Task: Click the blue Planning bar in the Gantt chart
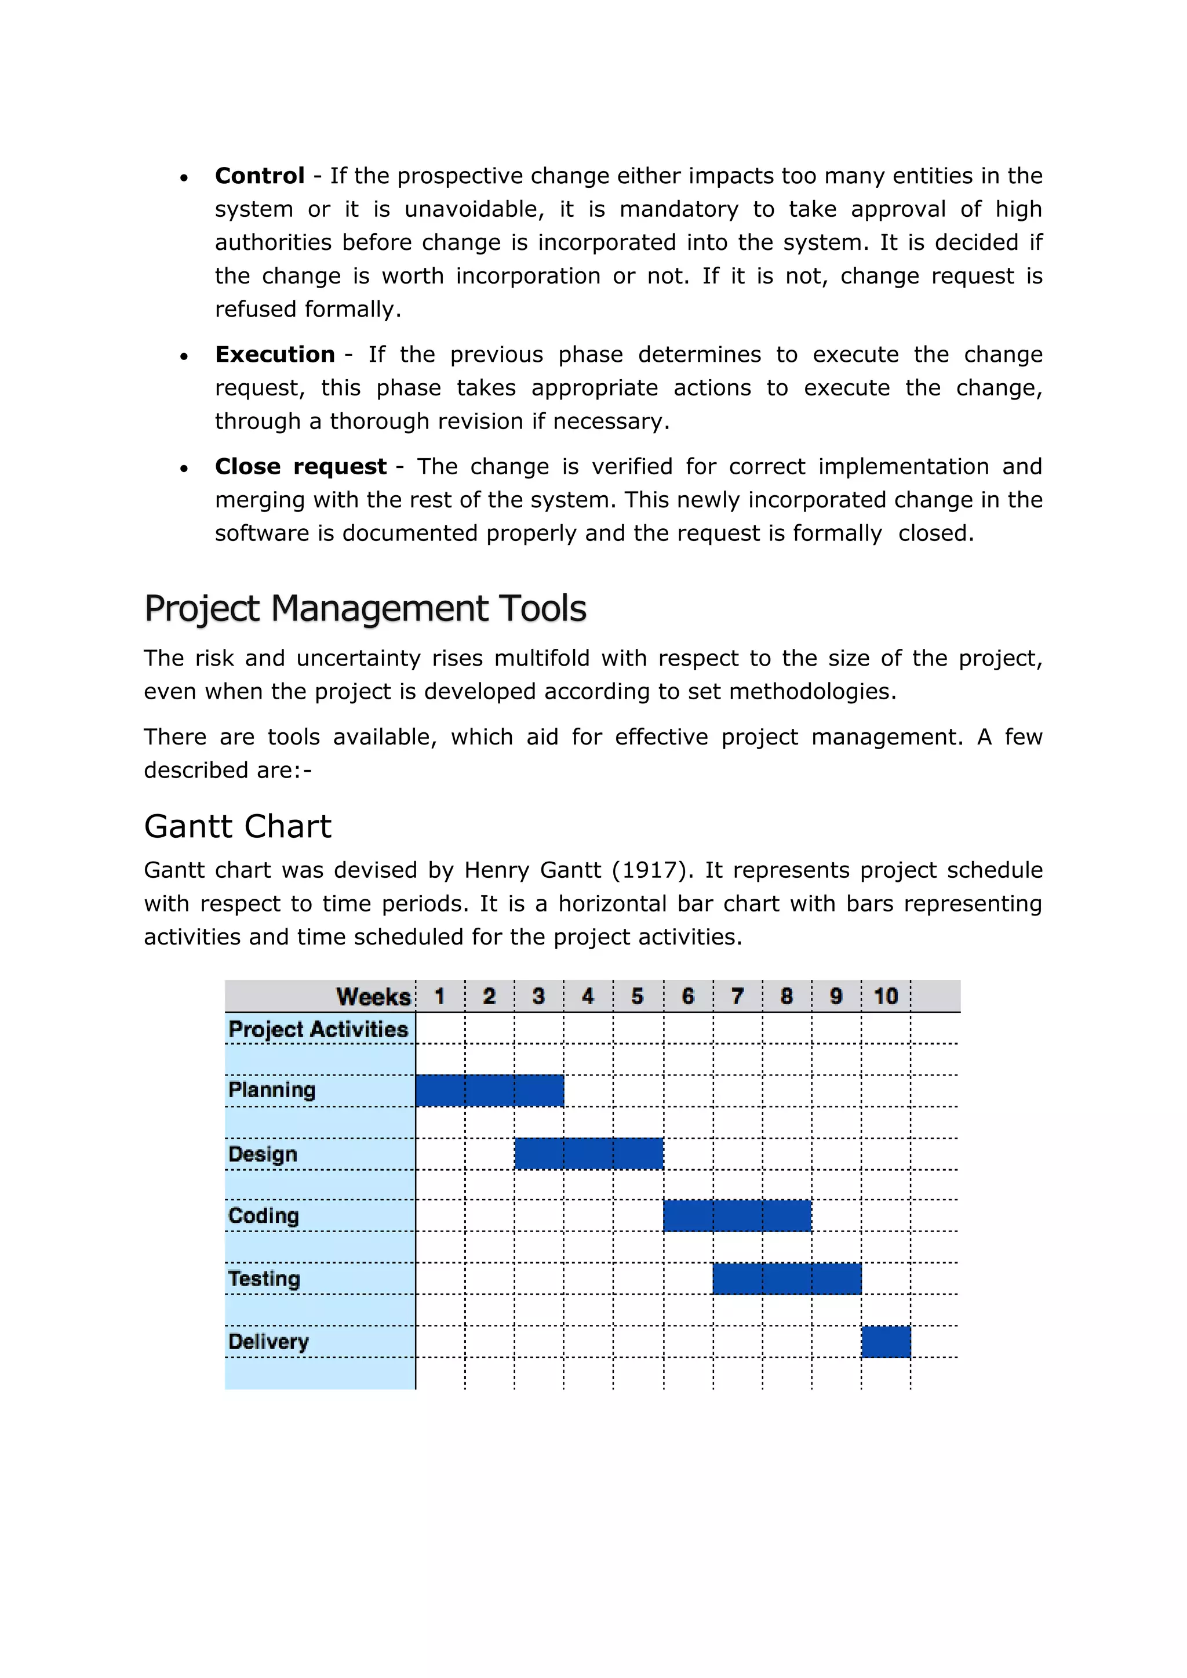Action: point(489,1090)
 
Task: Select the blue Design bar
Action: point(588,1153)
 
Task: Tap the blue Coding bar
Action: point(737,1215)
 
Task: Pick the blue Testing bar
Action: point(787,1278)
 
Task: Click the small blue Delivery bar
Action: point(885,1341)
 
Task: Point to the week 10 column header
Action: point(885,996)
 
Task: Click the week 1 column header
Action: point(439,996)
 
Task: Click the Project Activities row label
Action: point(318,1029)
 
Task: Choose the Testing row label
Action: point(264,1278)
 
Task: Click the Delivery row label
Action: point(268,1341)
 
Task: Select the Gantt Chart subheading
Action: point(238,826)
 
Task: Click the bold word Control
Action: point(260,176)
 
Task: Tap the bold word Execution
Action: point(275,355)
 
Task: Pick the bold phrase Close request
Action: point(300,467)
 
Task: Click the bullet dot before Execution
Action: point(184,357)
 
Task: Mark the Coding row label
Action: point(263,1215)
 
